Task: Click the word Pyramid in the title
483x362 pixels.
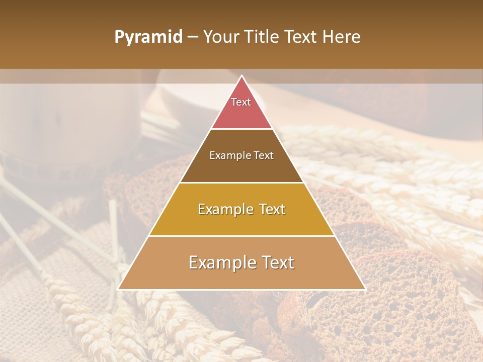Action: tap(148, 37)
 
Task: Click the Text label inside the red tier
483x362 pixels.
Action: tap(241, 102)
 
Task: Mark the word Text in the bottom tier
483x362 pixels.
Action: tap(278, 262)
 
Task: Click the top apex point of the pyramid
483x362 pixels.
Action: tap(242, 76)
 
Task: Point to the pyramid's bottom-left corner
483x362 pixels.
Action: tap(119, 289)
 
